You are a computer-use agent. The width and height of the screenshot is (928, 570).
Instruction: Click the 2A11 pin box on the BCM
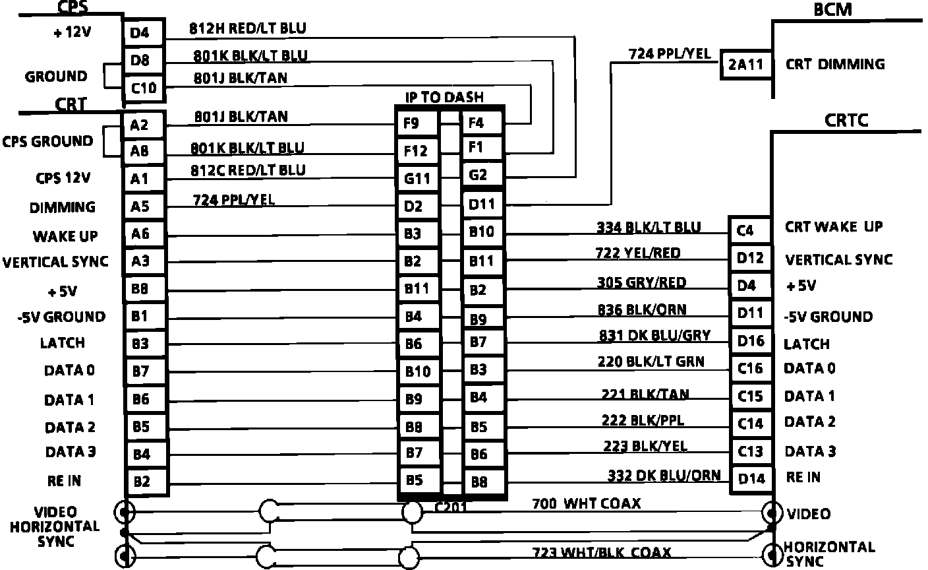tap(745, 65)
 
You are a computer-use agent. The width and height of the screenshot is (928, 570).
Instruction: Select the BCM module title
tap(832, 9)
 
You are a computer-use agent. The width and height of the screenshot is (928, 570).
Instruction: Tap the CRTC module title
tap(846, 120)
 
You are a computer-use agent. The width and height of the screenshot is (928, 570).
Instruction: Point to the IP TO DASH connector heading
tap(444, 97)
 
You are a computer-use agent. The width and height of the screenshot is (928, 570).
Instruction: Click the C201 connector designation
tap(451, 507)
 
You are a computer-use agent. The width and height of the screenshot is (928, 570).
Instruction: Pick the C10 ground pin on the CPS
tap(144, 87)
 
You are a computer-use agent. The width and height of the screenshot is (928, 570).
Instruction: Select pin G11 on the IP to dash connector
tap(417, 178)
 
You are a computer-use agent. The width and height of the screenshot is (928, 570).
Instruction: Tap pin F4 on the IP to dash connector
tap(476, 123)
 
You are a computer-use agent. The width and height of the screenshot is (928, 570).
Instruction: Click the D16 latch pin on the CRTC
tap(751, 340)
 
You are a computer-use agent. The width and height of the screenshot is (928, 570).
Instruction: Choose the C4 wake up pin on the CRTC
tap(745, 230)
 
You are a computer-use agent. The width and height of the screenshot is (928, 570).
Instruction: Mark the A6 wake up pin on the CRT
tap(140, 234)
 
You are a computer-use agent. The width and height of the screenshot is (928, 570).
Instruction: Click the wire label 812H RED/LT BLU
tap(248, 28)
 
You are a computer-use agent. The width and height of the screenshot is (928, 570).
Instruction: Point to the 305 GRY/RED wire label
tap(642, 282)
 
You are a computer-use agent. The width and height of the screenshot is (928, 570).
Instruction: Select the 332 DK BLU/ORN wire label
tap(664, 475)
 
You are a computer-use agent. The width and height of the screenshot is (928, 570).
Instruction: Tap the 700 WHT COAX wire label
tap(586, 503)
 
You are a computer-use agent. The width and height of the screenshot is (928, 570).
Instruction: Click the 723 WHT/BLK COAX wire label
tap(602, 552)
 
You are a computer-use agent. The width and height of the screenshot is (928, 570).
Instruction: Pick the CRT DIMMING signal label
tap(835, 65)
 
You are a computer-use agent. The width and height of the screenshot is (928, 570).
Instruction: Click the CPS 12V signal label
tap(63, 178)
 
